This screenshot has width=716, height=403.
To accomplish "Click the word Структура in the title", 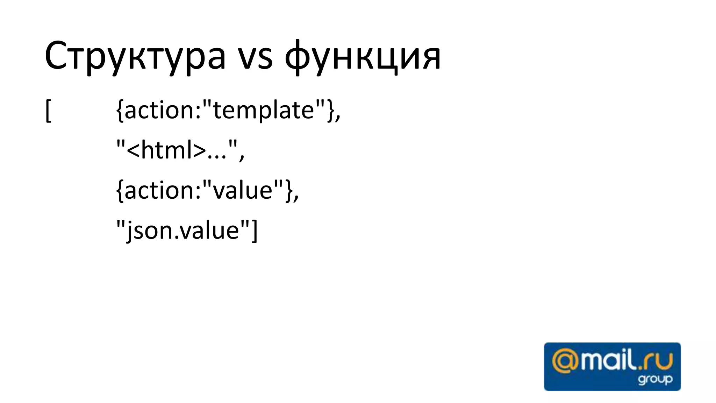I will point(135,56).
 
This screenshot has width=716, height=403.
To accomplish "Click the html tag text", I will point(166,150).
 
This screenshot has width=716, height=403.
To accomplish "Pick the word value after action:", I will point(243,190).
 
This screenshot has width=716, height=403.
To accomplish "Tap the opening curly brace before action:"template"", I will point(120,111).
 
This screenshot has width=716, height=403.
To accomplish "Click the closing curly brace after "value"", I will point(288,190).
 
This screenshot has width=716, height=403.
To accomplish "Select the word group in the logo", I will point(655,379).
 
